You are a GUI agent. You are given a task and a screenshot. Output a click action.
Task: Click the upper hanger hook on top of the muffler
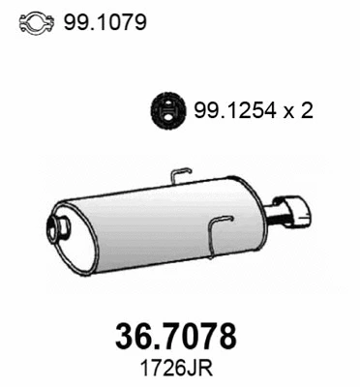[x=181, y=174]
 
